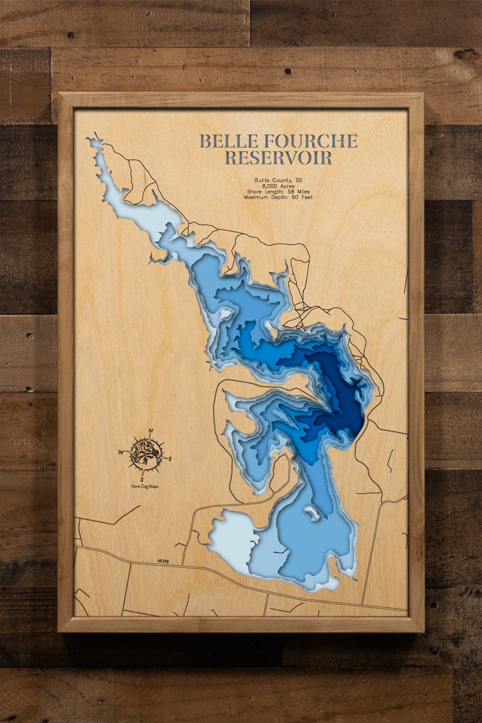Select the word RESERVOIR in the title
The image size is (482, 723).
pyautogui.click(x=278, y=158)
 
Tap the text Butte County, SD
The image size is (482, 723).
pyautogui.click(x=278, y=180)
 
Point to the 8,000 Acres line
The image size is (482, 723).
pyautogui.click(x=278, y=186)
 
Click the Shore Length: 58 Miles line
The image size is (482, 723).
pyautogui.click(x=278, y=191)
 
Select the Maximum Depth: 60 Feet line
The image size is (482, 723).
pyautogui.click(x=278, y=197)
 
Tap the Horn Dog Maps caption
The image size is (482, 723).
pyautogui.click(x=145, y=486)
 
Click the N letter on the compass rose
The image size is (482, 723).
pyautogui.click(x=151, y=430)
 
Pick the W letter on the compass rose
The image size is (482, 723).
pyautogui.click(x=120, y=452)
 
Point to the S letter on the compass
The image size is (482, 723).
pyautogui.click(x=142, y=480)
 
